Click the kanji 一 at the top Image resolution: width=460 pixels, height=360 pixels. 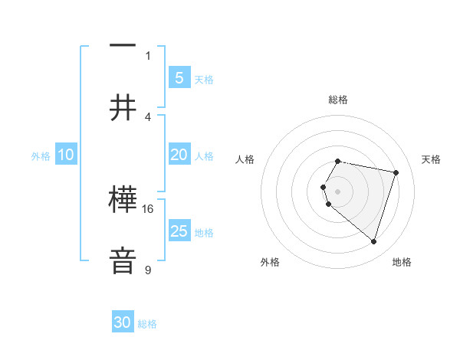click(123, 45)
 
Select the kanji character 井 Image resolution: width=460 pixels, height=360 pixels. click(123, 108)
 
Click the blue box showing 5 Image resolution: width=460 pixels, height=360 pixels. click(179, 77)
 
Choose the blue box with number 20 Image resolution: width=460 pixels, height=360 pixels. click(179, 155)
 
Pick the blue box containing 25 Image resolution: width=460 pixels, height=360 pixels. click(179, 231)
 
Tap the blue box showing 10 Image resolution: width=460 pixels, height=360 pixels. click(66, 155)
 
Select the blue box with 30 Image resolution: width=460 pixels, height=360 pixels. click(123, 322)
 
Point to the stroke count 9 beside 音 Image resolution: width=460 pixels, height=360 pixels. click(148, 270)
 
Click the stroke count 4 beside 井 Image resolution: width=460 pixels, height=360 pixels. click(148, 116)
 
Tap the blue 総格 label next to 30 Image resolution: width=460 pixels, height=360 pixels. click(147, 324)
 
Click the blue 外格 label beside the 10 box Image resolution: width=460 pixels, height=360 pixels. click(41, 156)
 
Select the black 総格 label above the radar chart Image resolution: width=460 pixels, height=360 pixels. click(338, 100)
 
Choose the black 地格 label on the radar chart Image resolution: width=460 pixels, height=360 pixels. click(402, 262)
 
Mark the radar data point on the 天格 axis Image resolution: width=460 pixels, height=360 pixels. click(396, 172)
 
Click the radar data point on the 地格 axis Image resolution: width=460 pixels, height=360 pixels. click(373, 242)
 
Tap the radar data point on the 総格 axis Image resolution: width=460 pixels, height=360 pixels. click(338, 161)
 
